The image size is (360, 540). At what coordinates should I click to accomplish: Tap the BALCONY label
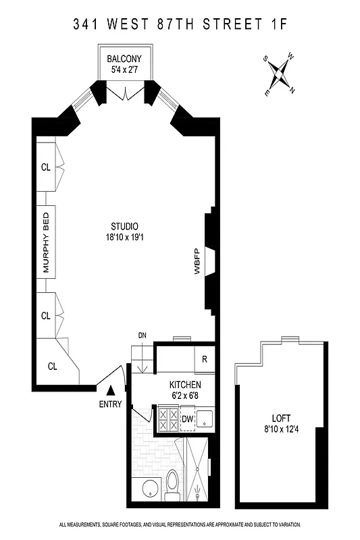(x=124, y=59)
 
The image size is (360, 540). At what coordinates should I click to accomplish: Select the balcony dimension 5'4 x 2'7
(x=124, y=70)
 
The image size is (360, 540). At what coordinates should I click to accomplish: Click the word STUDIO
(x=125, y=226)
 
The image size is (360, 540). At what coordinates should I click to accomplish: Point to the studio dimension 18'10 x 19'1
(x=125, y=237)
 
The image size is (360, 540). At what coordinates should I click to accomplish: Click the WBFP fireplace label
(x=197, y=262)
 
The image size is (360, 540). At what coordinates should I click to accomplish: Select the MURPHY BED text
(x=47, y=248)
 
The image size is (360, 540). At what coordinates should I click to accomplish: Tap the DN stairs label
(x=142, y=335)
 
